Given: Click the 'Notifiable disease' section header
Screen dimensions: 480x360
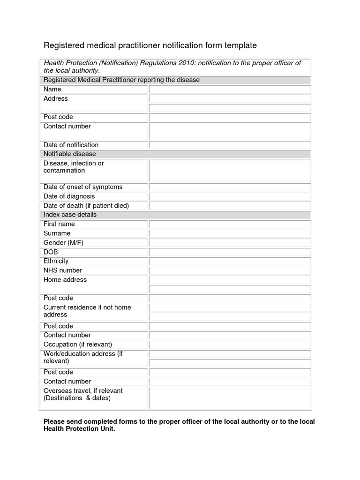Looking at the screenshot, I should point(69,154).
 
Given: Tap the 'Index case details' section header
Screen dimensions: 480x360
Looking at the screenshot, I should point(70,215).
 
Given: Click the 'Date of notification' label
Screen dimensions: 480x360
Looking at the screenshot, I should point(71,145).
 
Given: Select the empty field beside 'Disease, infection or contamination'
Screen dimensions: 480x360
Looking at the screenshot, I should point(229,171).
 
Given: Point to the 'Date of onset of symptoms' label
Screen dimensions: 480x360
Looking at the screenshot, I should point(83,187).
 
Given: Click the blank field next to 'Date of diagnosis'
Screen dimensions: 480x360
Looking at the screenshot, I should point(229,196).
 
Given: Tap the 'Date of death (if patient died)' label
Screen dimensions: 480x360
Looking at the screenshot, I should point(86,206).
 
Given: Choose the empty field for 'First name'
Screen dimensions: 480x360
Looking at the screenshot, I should point(229,224).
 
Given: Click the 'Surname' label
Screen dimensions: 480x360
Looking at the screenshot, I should point(57,233).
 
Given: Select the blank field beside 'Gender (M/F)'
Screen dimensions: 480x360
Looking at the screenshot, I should point(229,243).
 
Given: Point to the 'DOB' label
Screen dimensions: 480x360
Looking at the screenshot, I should point(51,252).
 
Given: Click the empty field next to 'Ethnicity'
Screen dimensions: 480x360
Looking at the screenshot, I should point(229,261).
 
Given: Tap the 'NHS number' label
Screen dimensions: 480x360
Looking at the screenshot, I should point(62,270).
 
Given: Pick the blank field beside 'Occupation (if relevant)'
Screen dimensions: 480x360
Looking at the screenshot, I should point(229,345).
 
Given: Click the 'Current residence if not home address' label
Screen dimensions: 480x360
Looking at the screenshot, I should point(87,311).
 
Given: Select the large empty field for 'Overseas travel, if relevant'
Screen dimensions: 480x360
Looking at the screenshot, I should point(229,397).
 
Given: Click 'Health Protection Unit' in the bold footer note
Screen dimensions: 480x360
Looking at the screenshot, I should point(78,429).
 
